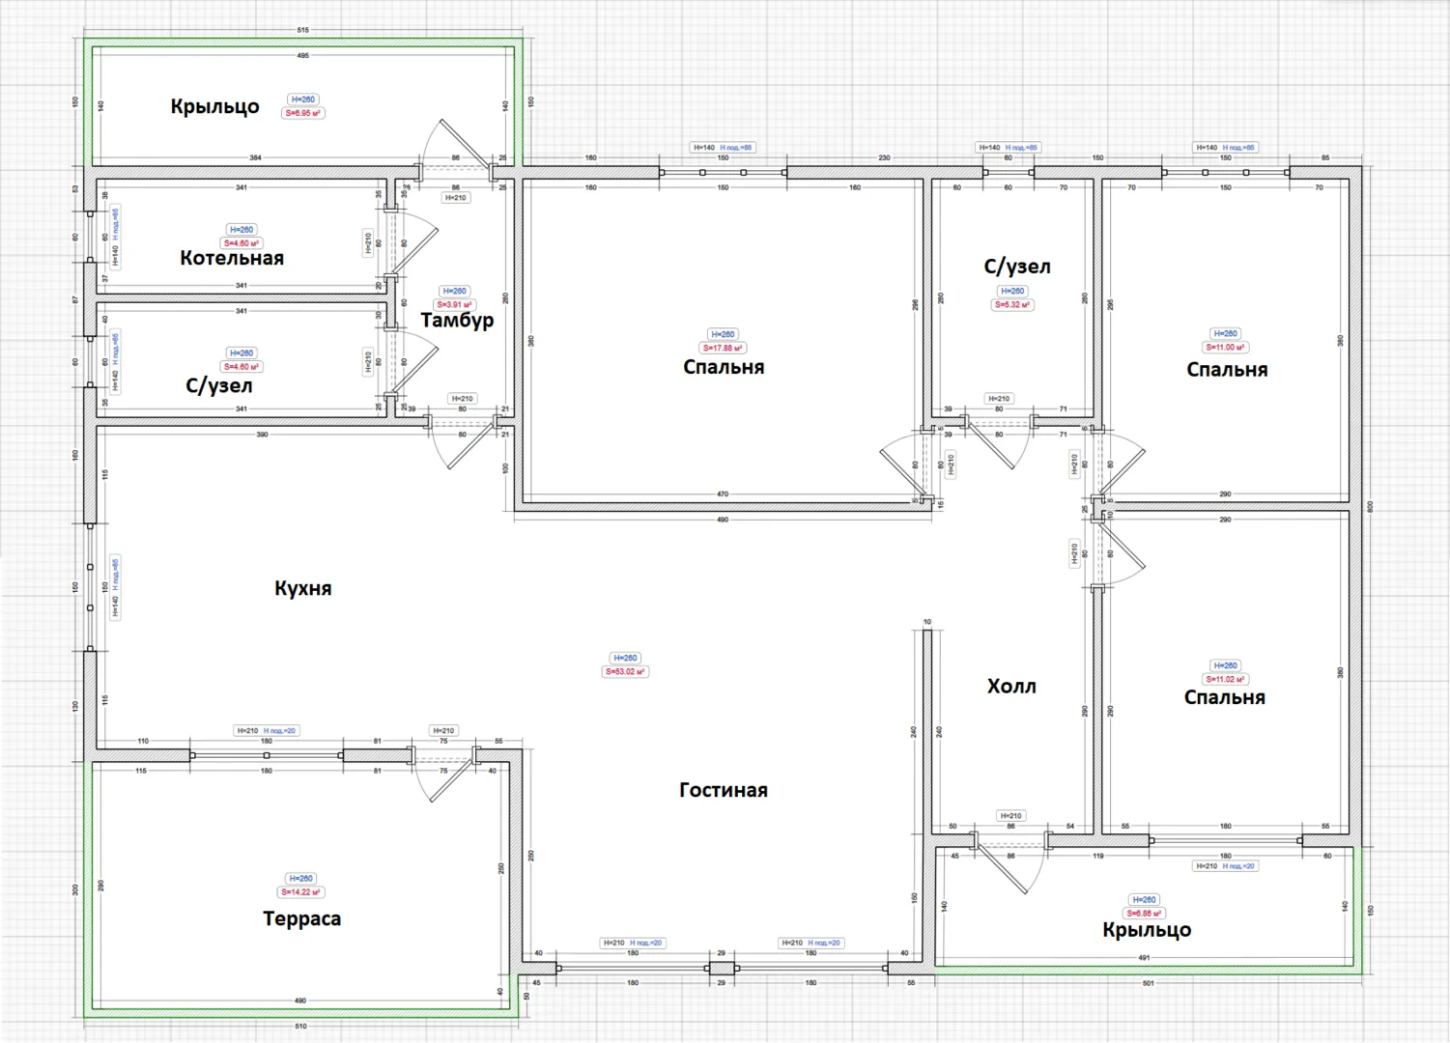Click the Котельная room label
click(232, 258)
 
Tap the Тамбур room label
click(457, 320)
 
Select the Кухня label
click(302, 588)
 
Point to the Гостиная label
click(724, 790)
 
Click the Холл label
click(1011, 687)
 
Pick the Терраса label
click(301, 918)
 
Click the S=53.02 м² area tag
click(626, 671)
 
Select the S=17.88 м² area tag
click(723, 348)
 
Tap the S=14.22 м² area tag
click(300, 892)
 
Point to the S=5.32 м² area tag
click(1012, 304)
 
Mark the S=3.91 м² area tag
click(454, 304)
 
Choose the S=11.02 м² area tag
click(1225, 679)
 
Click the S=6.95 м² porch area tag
click(303, 113)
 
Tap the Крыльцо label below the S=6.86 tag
click(1147, 930)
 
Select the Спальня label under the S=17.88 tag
click(724, 367)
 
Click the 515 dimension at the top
click(302, 30)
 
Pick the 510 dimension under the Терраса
click(300, 1026)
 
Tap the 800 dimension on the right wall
click(1370, 505)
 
